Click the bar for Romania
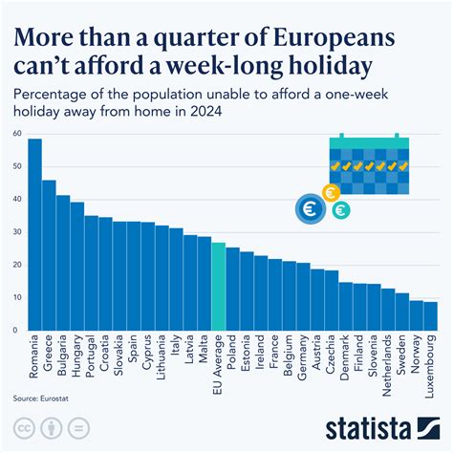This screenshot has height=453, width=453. [x=34, y=235]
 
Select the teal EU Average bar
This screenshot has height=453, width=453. [x=219, y=287]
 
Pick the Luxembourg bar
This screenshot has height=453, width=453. [x=430, y=316]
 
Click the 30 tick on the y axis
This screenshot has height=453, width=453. [x=18, y=231]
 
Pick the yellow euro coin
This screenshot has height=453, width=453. [x=332, y=192]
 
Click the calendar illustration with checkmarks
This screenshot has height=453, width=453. [x=369, y=164]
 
